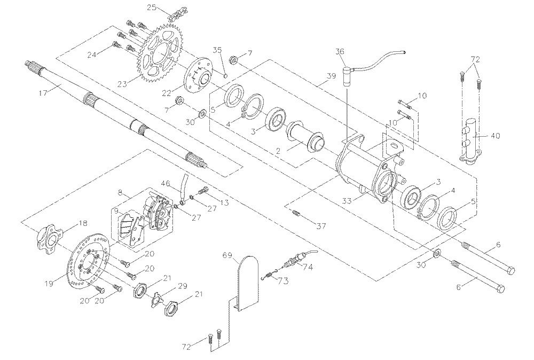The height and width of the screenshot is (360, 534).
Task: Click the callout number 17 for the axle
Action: tap(43, 92)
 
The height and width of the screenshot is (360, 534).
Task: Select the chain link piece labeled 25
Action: tap(176, 15)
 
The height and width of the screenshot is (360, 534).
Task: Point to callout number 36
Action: tap(340, 51)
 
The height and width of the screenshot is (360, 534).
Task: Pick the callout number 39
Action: tap(331, 76)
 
